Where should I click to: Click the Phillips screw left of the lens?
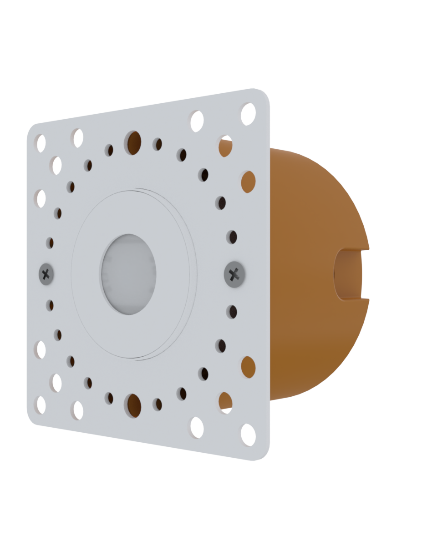coord(46,274)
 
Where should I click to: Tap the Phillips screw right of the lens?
coord(234,274)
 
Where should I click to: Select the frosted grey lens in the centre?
coord(128,274)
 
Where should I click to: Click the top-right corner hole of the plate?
coord(248,114)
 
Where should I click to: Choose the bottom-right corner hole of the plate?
coord(248,435)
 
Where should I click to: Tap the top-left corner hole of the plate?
coord(41,143)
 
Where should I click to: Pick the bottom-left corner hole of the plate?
coord(41,405)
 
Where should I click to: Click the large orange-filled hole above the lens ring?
coord(133,142)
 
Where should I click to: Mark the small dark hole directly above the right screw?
coord(232,237)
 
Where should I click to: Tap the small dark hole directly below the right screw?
coord(232,312)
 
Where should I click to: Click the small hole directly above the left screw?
coord(50,243)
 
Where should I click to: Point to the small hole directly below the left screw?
coord(50,305)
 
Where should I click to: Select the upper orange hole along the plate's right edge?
coord(248,182)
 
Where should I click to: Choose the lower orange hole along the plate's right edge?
coord(248,367)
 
